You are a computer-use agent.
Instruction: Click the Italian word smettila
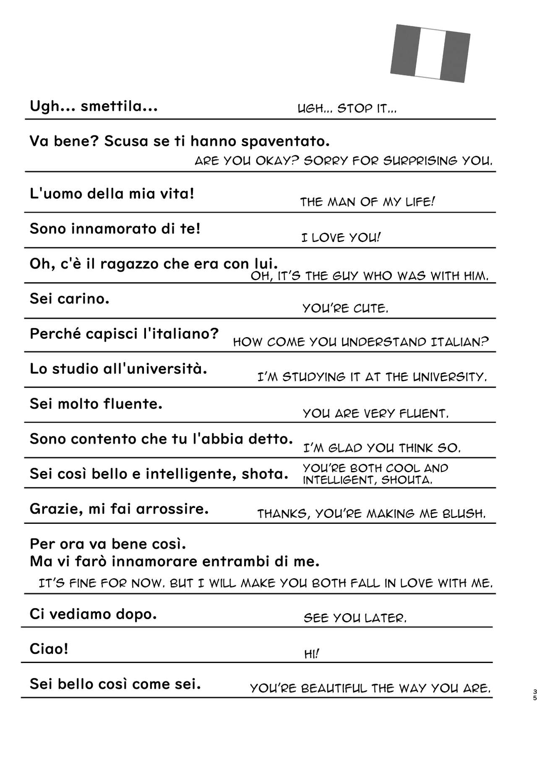[x=119, y=107]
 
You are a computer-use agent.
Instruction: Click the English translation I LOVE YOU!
[x=341, y=238]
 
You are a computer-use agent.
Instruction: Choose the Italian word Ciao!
[x=49, y=649]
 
